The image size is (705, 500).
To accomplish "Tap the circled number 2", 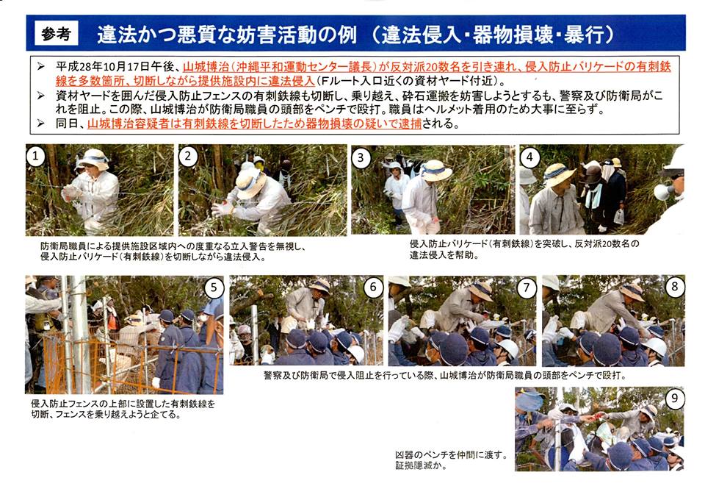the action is click(188, 156).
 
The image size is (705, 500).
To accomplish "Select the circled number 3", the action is click(361, 157).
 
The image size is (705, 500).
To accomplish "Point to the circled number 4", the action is click(529, 157).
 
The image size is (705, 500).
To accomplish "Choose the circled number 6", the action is click(373, 287).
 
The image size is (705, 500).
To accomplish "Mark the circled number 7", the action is click(527, 287).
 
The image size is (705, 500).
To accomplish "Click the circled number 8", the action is click(674, 286).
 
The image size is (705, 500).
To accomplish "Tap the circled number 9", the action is click(674, 399).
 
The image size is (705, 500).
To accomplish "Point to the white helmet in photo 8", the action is click(654, 346).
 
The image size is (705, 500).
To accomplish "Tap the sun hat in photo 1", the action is click(93, 159).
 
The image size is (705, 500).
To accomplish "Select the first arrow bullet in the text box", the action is click(41, 67).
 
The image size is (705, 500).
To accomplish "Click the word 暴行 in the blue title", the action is click(584, 35).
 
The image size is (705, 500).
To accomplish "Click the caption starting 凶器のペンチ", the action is click(451, 460).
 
